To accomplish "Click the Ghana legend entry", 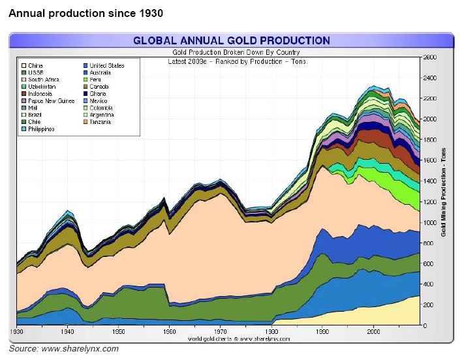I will click(98, 94).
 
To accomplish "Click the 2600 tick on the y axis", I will click(429, 57).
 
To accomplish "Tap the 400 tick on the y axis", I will click(427, 284).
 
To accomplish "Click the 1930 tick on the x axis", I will click(18, 331).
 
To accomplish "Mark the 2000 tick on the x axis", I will click(373, 331).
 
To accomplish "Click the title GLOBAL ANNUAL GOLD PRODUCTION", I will click(231, 40).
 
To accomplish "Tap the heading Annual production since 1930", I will click(85, 13).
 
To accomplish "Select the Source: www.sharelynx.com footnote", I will click(63, 350).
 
